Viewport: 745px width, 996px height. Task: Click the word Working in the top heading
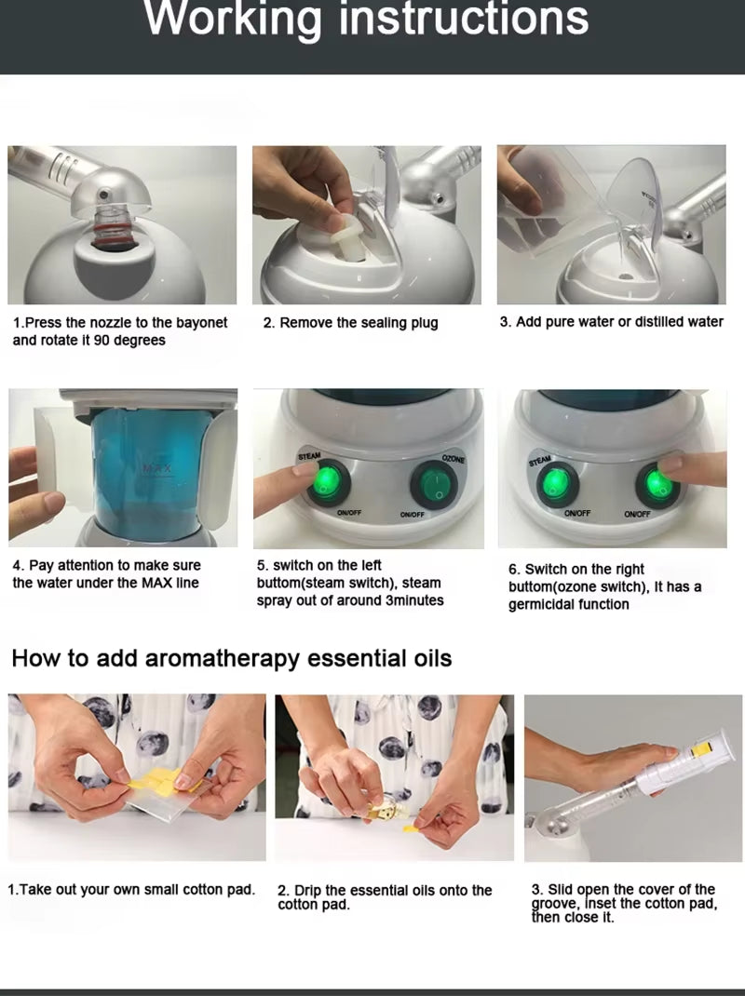[x=233, y=19]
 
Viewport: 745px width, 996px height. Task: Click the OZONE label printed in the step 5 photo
[x=453, y=461]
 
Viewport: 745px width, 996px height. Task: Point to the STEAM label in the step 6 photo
[x=540, y=461]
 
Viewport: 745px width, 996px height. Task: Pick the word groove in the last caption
[x=554, y=904]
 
